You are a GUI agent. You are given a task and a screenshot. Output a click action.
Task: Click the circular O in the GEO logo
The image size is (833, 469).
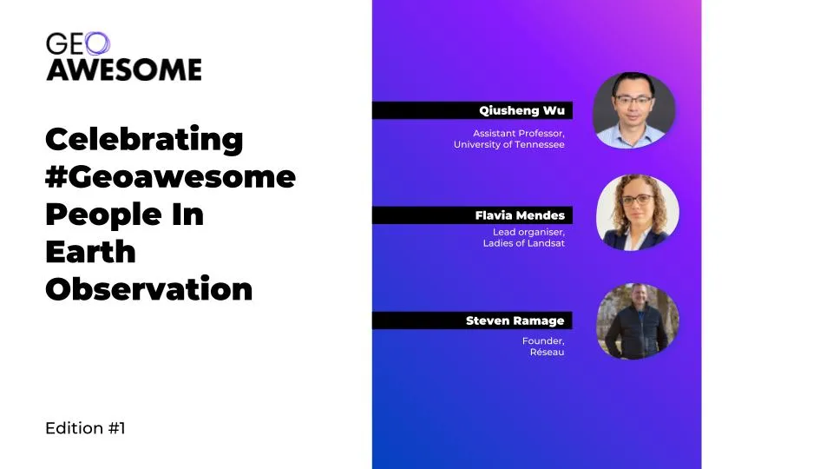point(97,43)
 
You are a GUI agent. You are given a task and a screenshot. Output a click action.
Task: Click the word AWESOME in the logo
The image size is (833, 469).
point(124,69)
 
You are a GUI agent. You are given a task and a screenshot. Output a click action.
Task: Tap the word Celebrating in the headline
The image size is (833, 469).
point(145,140)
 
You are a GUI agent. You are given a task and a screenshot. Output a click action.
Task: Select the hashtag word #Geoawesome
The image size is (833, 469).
point(171,176)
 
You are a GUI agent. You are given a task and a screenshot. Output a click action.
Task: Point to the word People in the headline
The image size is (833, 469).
point(103,215)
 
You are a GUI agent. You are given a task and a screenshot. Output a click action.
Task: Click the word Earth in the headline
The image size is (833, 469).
point(91,252)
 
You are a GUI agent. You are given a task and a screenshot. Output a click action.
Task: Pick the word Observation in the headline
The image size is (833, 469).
point(149,288)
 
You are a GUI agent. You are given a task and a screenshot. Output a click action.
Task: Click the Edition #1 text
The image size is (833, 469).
point(86,428)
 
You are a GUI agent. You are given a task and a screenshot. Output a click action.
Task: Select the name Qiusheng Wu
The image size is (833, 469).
point(521,110)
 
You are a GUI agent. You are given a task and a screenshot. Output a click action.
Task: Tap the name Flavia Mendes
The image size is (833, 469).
point(520,215)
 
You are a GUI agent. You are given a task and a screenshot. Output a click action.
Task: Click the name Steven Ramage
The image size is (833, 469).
point(515,320)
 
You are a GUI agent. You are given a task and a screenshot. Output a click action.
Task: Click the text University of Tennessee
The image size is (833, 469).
point(509,145)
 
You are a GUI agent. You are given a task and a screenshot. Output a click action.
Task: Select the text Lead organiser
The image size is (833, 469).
point(528,233)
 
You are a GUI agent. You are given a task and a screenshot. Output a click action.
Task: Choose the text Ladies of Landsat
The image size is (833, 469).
point(524,243)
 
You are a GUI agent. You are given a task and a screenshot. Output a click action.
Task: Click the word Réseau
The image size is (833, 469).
point(547,352)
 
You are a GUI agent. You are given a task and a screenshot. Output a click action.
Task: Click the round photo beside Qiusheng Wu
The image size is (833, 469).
point(633,110)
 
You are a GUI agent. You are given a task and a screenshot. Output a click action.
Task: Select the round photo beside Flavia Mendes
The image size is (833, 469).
point(638,213)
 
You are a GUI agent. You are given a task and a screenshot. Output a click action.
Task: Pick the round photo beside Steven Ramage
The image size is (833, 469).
point(638,321)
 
